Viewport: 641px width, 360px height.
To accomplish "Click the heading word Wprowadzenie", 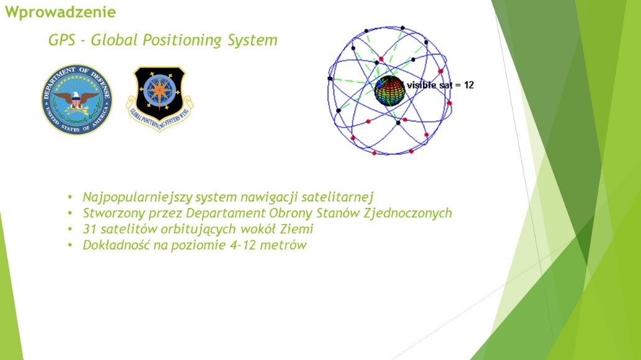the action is click(x=60, y=12).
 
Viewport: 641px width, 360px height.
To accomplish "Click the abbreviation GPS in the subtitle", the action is click(x=61, y=40).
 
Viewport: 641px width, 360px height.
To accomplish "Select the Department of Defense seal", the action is click(x=77, y=99).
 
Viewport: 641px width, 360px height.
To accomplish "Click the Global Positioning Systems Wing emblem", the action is click(x=160, y=99).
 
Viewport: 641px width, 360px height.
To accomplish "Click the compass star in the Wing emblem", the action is click(x=159, y=91).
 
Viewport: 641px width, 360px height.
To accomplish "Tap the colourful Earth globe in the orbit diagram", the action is click(x=389, y=91).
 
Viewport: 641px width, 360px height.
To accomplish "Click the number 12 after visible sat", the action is click(x=469, y=85).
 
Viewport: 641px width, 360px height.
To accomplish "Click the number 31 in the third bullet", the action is click(x=89, y=229).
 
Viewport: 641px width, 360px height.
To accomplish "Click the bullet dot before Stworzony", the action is click(x=70, y=214).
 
